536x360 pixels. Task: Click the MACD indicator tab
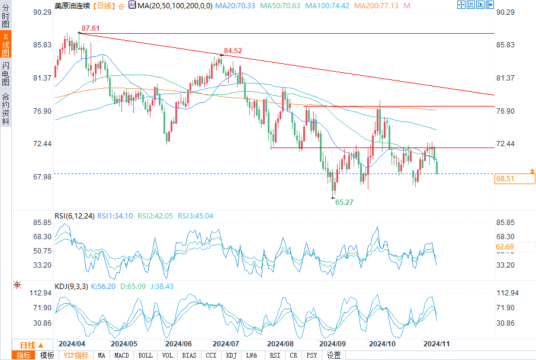pos(121,355)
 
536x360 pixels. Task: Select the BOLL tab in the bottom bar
pos(145,355)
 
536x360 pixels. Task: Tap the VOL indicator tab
pos(168,355)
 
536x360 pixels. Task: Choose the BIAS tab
pos(190,355)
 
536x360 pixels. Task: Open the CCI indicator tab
pos(211,355)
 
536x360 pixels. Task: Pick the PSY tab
pos(312,355)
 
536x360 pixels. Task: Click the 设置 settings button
pos(334,355)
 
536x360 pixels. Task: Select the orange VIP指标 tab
pos(76,355)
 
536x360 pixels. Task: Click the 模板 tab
pos(47,355)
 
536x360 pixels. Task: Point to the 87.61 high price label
pos(90,28)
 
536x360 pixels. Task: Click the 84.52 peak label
pos(233,51)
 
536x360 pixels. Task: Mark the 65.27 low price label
pos(344,202)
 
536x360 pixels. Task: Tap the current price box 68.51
pos(514,178)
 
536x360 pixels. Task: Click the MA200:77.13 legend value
pos(381,5)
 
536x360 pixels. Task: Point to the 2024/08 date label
pos(281,343)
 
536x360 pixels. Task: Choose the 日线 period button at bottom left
pos(28,345)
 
